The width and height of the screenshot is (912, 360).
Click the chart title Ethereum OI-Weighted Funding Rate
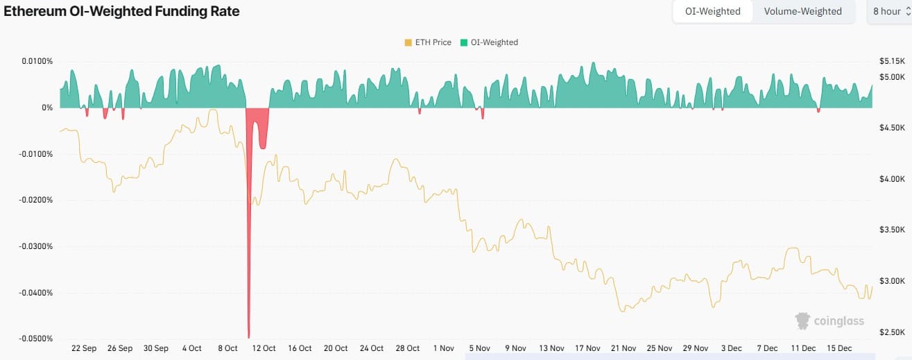tap(121, 11)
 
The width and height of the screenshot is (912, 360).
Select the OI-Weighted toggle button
tap(712, 11)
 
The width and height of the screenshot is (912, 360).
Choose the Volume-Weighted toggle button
tap(802, 11)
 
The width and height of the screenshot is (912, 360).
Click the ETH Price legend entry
tap(427, 42)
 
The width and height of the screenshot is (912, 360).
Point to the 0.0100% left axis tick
tap(37, 61)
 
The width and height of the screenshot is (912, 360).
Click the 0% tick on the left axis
tap(47, 108)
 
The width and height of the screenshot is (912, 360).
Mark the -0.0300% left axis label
tap(35, 246)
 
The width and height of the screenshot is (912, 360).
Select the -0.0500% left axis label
tap(35, 338)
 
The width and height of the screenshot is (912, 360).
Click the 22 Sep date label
tap(84, 348)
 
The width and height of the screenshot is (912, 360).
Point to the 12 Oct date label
tap(264, 348)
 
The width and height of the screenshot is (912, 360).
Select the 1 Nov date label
tap(443, 348)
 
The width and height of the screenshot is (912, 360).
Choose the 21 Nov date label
tap(623, 348)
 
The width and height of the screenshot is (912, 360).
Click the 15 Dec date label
tap(839, 348)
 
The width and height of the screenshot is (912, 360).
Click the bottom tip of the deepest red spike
tap(248, 337)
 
